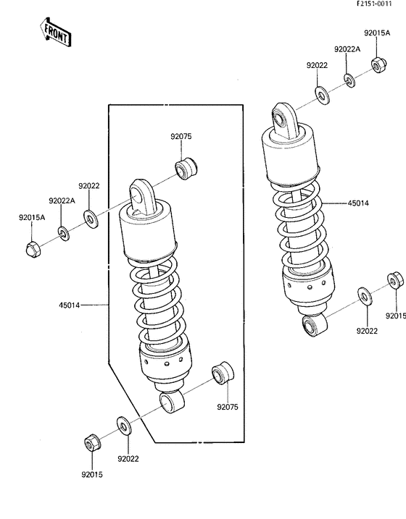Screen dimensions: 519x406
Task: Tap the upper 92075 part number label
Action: (x=181, y=137)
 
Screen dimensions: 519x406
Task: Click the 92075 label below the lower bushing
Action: (x=228, y=406)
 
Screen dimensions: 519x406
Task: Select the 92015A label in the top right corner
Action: (x=376, y=33)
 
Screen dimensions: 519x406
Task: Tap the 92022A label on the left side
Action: (x=62, y=200)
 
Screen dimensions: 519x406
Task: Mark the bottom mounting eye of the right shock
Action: (x=311, y=327)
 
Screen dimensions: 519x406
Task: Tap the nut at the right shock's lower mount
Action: (x=395, y=281)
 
